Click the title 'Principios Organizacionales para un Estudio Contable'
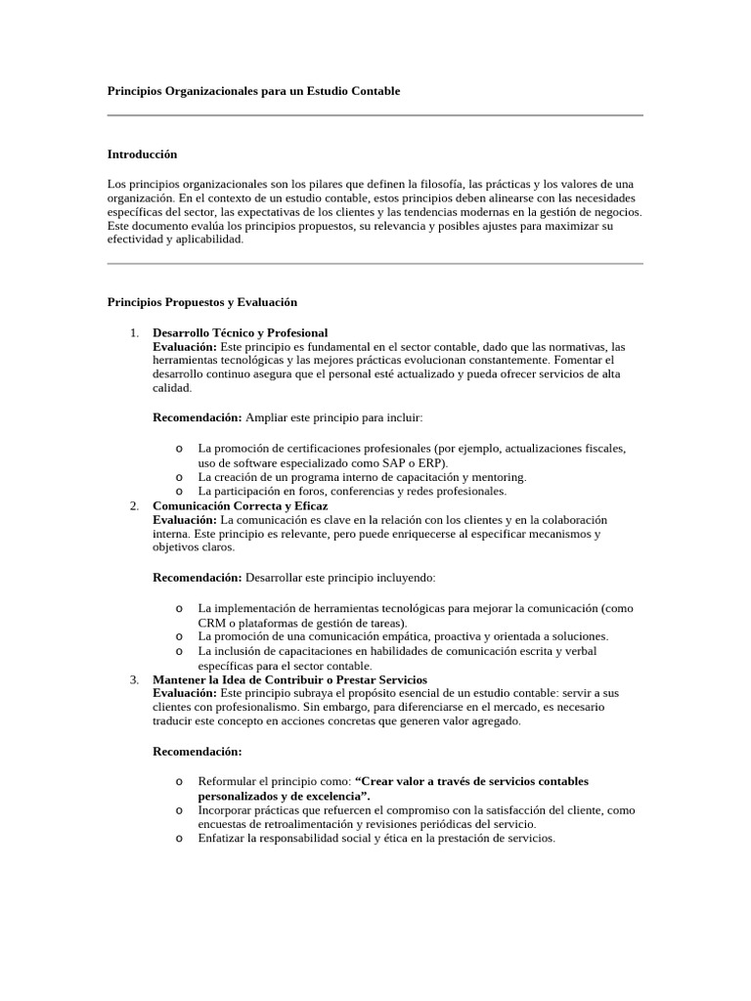[x=253, y=91]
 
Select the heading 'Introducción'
[x=142, y=154]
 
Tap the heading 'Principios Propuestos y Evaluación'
[x=201, y=302]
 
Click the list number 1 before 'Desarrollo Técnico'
[x=133, y=333]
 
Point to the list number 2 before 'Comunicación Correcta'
[x=133, y=506]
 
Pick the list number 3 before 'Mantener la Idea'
[x=133, y=679]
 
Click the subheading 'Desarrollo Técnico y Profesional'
[x=241, y=333]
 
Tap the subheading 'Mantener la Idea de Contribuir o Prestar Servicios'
[x=289, y=679]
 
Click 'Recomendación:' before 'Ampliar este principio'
[x=198, y=417]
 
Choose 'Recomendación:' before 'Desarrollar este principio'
[x=198, y=578]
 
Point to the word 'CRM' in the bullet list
[x=213, y=623]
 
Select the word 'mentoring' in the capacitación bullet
[x=499, y=477]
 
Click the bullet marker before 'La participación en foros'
[x=180, y=491]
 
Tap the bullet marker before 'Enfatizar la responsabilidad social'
[x=180, y=838]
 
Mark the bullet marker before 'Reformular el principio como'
[x=180, y=781]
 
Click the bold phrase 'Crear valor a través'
[x=416, y=781]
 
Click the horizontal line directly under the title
[x=375, y=115]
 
